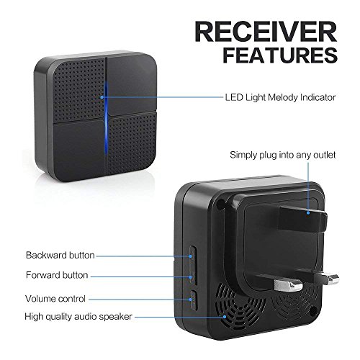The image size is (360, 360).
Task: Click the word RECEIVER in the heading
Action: pos(266,32)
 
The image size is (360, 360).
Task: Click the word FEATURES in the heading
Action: pos(280,55)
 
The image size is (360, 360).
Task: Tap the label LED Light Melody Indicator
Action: pos(280,97)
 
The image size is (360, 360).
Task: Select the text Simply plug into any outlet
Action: pos(282,155)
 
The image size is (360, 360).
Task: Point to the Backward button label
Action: pos(60,255)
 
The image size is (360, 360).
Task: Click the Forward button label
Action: pos(57,275)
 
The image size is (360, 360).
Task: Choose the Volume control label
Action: pos(55,299)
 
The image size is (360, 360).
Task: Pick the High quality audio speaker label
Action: pos(78,317)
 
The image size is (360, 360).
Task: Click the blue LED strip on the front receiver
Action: pos(106,117)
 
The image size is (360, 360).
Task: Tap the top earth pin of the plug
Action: pos(303,219)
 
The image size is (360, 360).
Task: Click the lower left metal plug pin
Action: pos(288,285)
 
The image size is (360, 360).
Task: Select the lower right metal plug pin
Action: pos(333,279)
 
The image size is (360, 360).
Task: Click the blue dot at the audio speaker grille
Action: pos(225,317)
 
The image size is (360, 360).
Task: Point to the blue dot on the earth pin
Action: pos(308,212)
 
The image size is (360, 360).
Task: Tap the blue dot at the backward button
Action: pos(190,256)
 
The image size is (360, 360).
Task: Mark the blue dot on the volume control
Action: pos(191,300)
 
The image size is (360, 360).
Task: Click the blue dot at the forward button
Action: pos(191,277)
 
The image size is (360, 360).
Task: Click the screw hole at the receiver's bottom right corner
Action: pos(313,311)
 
